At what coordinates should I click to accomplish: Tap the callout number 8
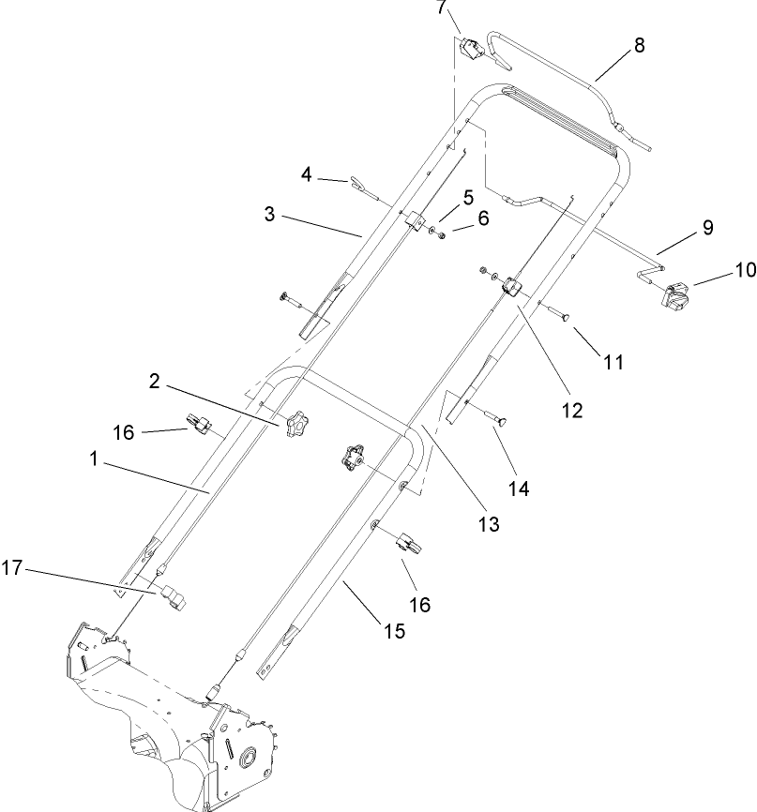point(639,45)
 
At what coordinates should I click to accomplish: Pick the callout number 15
point(393,631)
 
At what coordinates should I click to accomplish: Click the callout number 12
point(571,409)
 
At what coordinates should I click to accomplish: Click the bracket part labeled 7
point(471,47)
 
